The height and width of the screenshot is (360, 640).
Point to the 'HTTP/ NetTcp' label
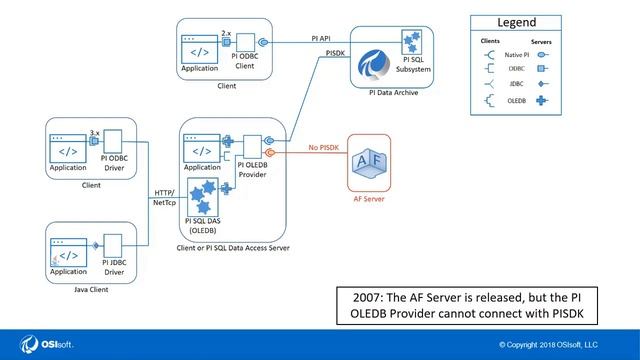[164, 196]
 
